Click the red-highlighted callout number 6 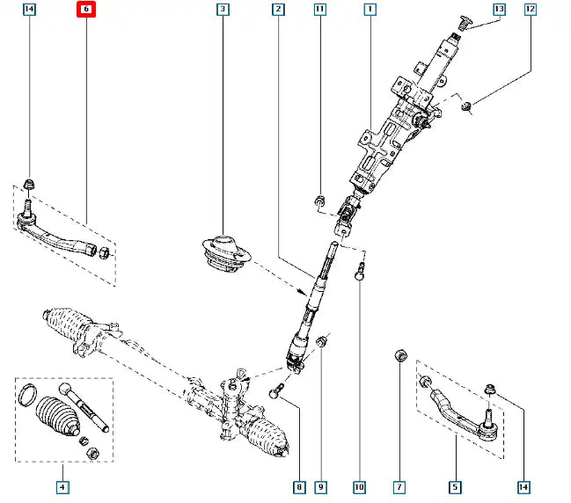[x=86, y=11]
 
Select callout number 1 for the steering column [x=370, y=11]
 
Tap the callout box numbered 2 [x=278, y=11]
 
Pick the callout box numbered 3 [x=222, y=11]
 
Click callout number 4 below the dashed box [x=62, y=486]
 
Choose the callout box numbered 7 [x=399, y=486]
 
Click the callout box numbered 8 [x=299, y=486]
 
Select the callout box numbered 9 [x=321, y=486]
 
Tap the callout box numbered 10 [x=359, y=486]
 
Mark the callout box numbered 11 [x=319, y=11]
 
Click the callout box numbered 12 [x=530, y=11]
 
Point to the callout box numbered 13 [x=499, y=11]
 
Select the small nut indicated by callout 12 [x=467, y=107]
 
